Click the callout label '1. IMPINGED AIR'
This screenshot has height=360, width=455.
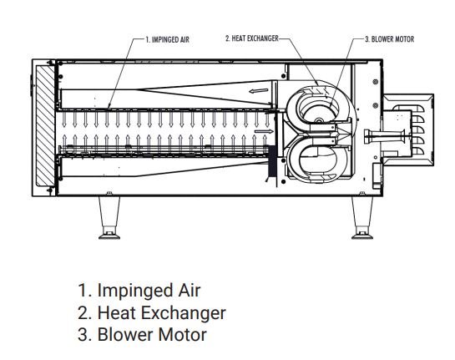(167, 39)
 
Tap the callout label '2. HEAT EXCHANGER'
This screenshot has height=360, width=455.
(252, 38)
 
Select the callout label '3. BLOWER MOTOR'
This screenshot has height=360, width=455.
(389, 39)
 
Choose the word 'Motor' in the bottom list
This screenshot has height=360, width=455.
(182, 334)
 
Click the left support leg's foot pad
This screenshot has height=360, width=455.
(109, 236)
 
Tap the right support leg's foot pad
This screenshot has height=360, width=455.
(362, 236)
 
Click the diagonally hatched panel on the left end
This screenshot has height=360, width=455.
(45, 125)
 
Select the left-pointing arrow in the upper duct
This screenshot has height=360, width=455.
(259, 91)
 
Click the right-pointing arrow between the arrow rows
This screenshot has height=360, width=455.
(264, 131)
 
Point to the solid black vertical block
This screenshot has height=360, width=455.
(272, 161)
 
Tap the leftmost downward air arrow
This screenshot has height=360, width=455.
(64, 119)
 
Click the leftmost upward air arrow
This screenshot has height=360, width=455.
(65, 143)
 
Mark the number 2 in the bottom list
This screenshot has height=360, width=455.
(83, 313)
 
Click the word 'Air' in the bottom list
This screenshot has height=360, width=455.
(190, 290)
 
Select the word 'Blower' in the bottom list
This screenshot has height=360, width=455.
(125, 334)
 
